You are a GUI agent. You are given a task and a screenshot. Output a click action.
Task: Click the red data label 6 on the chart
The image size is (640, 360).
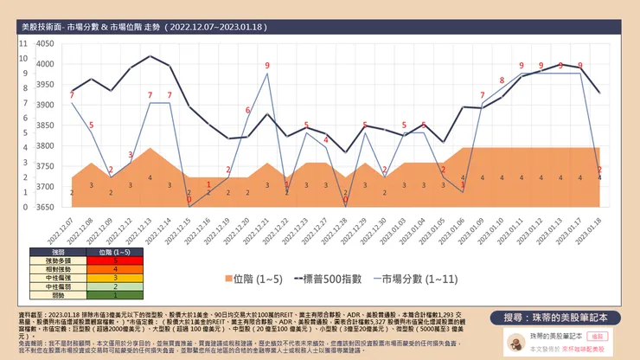tap(248, 110)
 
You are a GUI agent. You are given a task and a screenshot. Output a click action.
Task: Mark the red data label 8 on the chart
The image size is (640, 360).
tap(502, 81)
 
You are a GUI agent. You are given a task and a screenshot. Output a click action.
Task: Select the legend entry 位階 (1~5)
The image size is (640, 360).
tap(257, 280)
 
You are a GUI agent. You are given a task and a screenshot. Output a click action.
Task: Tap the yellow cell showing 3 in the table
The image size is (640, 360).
tap(114, 277)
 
